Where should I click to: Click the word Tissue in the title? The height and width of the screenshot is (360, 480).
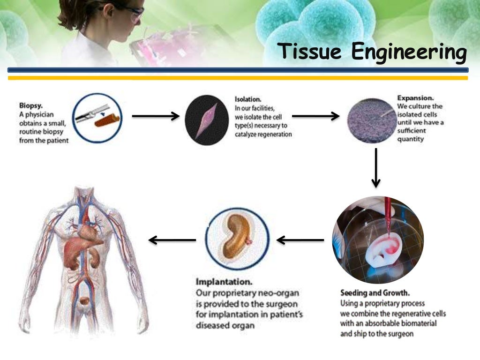pyautogui.click(x=310, y=52)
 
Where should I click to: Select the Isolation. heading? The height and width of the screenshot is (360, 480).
pyautogui.click(x=248, y=100)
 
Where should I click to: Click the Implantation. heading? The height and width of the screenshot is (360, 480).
pyautogui.click(x=224, y=283)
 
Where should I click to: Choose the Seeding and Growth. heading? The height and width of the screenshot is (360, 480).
pyautogui.click(x=375, y=293)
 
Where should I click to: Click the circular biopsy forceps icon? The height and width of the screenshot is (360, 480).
pyautogui.click(x=97, y=117)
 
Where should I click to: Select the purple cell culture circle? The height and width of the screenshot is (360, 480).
pyautogui.click(x=370, y=120)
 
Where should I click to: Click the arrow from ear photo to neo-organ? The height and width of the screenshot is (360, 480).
pyautogui.click(x=300, y=240)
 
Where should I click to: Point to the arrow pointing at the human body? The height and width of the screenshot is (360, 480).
pyautogui.click(x=172, y=240)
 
